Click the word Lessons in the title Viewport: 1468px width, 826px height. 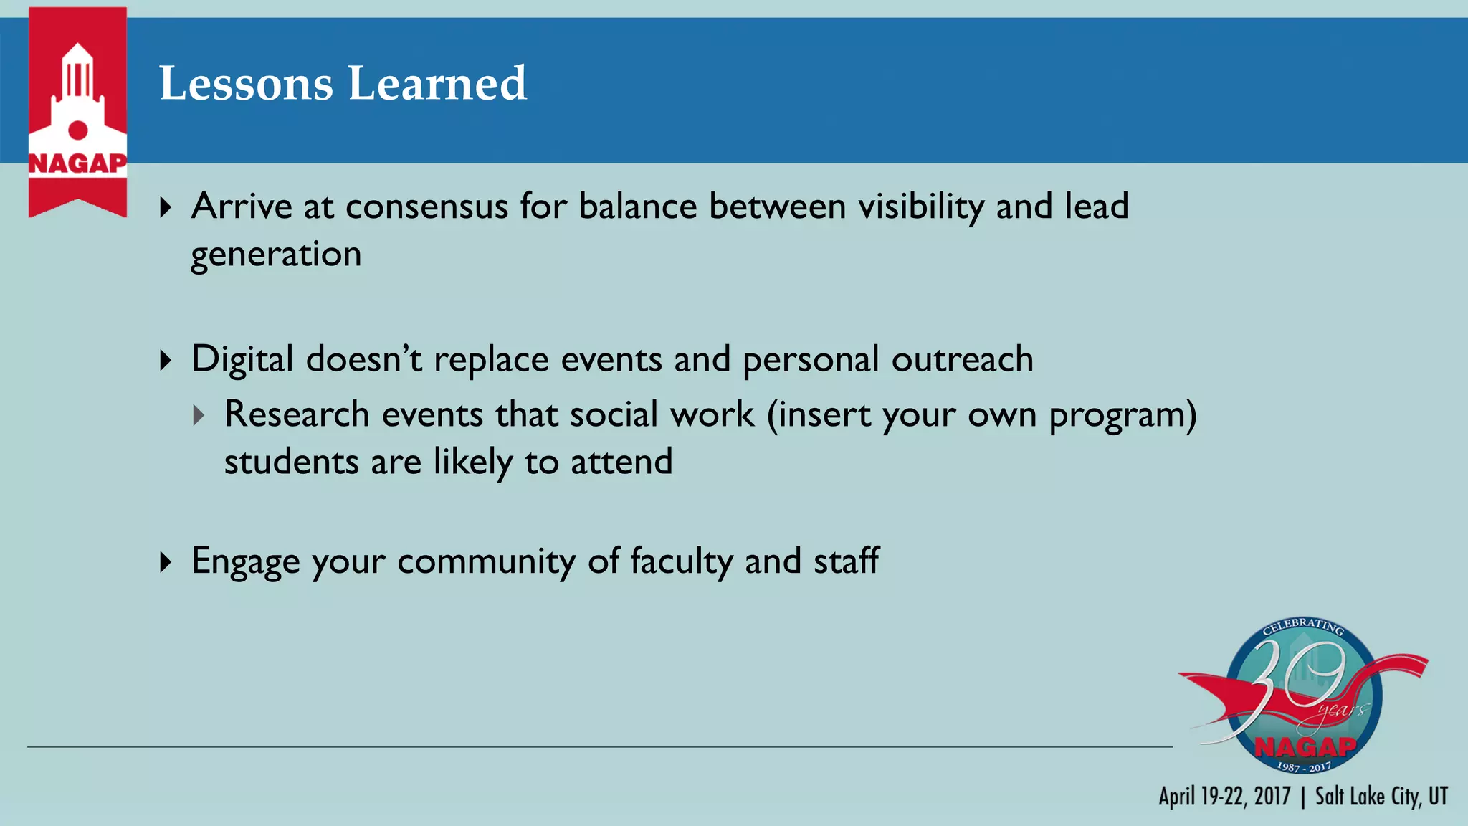coord(246,84)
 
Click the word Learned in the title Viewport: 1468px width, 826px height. coord(437,84)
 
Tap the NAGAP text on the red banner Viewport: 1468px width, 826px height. coord(77,163)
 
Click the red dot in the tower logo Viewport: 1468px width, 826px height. coord(77,130)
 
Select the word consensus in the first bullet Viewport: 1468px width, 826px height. coord(426,206)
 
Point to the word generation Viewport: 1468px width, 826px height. coord(276,255)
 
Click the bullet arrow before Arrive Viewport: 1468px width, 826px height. coord(166,208)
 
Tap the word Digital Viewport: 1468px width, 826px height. coord(242,359)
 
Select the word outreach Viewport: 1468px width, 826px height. coord(962,359)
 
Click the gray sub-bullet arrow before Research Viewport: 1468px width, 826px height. coord(199,415)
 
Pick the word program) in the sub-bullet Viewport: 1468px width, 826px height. coord(1123,415)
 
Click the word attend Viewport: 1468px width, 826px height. coord(621,462)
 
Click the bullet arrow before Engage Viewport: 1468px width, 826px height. coord(166,561)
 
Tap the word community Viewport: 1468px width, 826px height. coord(486,561)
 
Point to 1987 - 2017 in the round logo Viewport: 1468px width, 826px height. coord(1304,766)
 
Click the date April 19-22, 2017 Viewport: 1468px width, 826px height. coord(1224,797)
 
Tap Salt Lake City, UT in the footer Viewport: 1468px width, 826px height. coord(1381,797)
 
